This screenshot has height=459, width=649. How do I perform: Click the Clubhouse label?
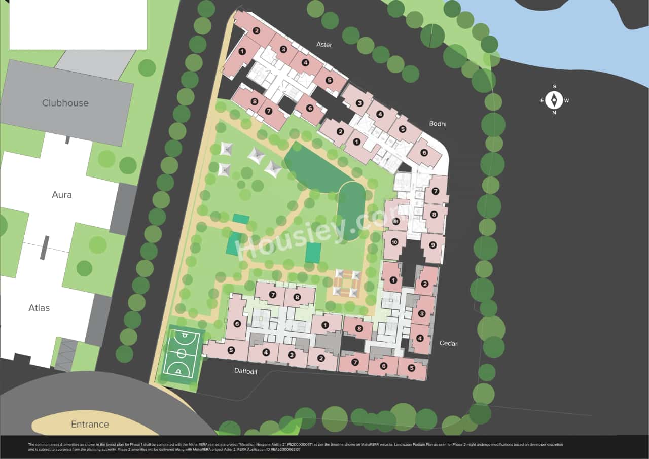click(x=65, y=103)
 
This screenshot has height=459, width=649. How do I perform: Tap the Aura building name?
click(x=62, y=195)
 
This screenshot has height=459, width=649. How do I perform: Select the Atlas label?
click(x=39, y=308)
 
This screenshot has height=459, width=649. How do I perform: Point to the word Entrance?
click(x=90, y=425)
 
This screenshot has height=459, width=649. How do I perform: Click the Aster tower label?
click(x=324, y=45)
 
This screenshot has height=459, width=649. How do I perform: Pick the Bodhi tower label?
click(x=438, y=124)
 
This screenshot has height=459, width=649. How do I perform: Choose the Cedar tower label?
click(x=448, y=344)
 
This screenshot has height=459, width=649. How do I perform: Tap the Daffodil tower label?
click(x=245, y=371)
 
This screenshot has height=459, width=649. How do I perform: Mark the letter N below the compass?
click(x=554, y=113)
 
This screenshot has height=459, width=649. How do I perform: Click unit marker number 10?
click(x=394, y=242)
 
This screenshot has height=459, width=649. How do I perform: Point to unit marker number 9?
click(x=432, y=245)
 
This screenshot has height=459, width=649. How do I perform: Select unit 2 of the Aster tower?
click(x=257, y=31)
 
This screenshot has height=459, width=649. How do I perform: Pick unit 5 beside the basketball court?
click(x=231, y=350)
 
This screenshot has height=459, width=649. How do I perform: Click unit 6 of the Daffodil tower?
click(x=236, y=323)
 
